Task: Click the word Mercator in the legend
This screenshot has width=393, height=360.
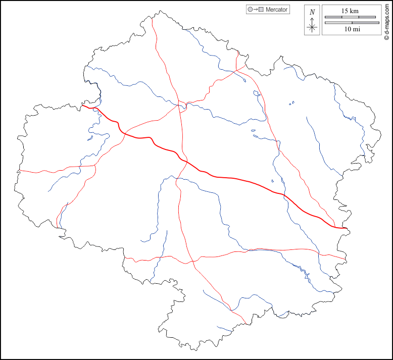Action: (277, 10)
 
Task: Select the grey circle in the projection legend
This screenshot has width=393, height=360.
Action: (250, 10)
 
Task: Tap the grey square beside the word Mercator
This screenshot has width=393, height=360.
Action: (261, 10)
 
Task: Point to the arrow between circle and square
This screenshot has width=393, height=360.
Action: (255, 10)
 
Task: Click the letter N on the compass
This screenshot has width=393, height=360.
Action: (312, 12)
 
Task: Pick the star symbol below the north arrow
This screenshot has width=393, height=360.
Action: (312, 27)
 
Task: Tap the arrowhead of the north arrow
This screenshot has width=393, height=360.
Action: (312, 18)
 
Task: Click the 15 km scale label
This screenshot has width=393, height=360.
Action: (350, 11)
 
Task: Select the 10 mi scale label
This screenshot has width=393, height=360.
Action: (352, 30)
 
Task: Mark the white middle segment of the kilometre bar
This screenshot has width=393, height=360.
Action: (350, 17)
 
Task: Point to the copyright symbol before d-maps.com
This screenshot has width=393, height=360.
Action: (386, 37)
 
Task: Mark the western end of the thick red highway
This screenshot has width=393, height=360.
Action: (83, 106)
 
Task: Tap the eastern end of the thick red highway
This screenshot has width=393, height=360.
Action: (348, 228)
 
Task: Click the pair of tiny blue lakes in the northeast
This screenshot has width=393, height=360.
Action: (291, 104)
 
